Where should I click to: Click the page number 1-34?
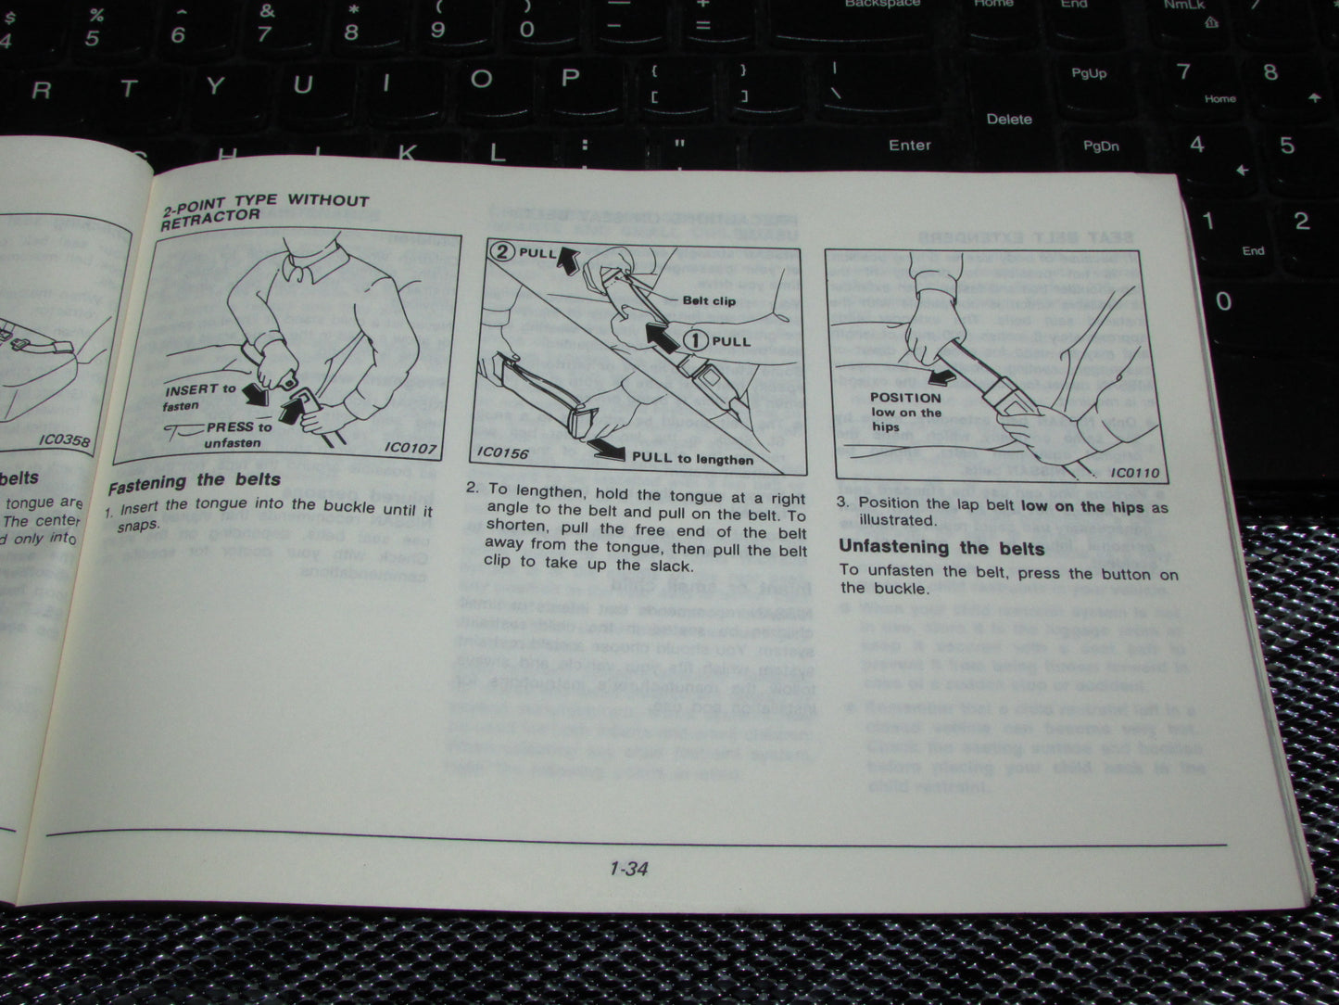point(628,869)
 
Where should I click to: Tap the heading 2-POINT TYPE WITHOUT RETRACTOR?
point(264,209)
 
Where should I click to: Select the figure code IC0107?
point(410,449)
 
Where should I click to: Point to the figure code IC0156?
point(503,452)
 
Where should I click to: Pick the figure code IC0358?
point(64,439)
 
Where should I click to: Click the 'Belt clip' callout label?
point(709,300)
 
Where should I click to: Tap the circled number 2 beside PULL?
point(502,251)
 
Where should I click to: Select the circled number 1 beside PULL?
point(696,340)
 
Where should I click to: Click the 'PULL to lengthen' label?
point(691,458)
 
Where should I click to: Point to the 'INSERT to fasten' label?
point(199,397)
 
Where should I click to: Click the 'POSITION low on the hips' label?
point(905,412)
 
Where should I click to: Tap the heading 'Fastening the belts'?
point(194,482)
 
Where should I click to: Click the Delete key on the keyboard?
point(1009,119)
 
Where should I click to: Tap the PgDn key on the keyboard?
point(1101,146)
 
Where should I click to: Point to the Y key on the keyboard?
point(215,86)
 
